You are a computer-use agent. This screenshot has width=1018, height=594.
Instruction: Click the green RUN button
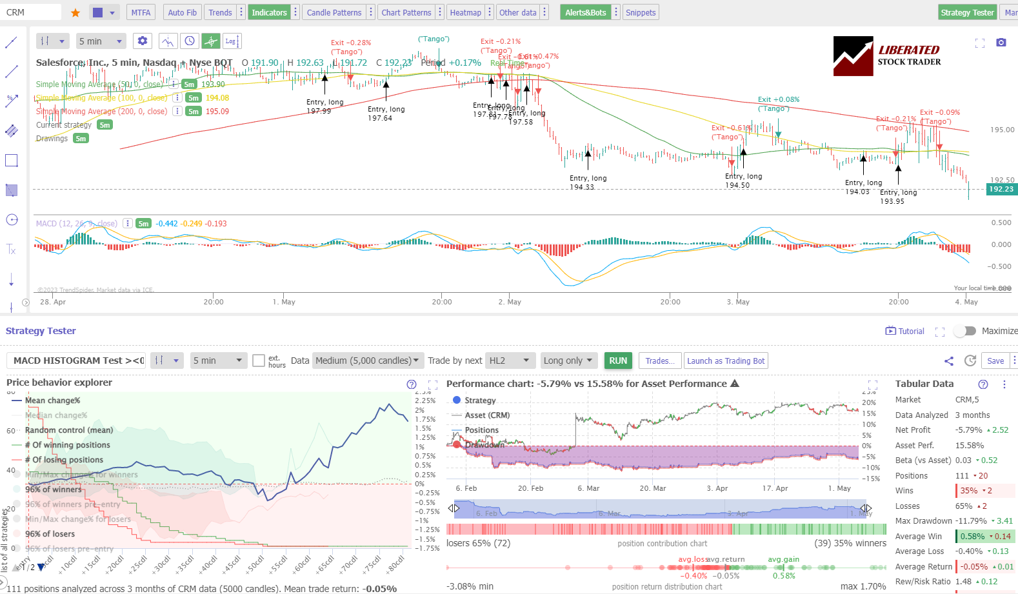[x=618, y=361]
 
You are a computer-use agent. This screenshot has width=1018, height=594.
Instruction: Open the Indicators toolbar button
[x=269, y=12]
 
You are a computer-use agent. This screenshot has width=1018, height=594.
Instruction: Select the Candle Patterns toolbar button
[x=334, y=12]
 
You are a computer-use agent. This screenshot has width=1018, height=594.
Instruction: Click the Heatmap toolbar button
[x=465, y=12]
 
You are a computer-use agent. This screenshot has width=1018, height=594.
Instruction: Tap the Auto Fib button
[x=182, y=12]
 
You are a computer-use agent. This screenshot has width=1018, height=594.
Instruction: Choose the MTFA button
[x=141, y=12]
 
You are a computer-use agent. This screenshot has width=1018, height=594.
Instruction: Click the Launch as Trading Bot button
[x=726, y=361]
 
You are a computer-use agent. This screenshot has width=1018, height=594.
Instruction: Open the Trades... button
[x=660, y=361]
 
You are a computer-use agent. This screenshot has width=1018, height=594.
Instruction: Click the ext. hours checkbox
[x=259, y=361]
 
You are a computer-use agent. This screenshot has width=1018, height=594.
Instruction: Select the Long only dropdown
[x=568, y=361]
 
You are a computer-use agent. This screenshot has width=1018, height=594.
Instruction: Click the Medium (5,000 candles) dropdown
[x=366, y=361]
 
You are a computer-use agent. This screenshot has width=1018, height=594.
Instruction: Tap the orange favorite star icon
[x=75, y=12]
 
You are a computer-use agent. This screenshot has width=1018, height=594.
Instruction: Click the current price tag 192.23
[x=1001, y=189]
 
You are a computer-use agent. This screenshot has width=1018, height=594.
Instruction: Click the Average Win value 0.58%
[x=972, y=536]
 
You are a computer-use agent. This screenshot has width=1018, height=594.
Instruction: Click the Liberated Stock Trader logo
[x=887, y=56]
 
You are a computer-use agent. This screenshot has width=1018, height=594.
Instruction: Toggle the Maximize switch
[x=965, y=331]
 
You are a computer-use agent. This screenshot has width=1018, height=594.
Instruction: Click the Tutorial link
[x=905, y=331]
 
